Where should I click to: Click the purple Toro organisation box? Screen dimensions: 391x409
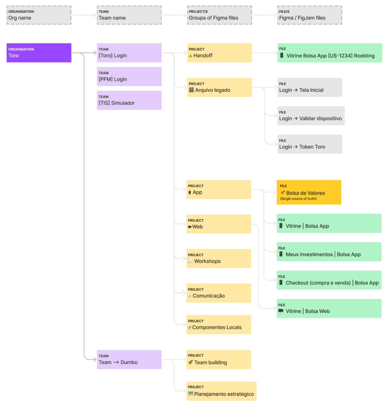click(39, 53)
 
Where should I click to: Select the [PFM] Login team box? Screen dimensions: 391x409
click(129, 76)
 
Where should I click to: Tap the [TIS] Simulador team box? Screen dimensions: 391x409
click(129, 100)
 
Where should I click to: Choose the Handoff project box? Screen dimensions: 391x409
click(219, 53)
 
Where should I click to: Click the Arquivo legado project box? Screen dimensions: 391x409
click(219, 87)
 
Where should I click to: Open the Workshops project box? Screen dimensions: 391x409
click(218, 258)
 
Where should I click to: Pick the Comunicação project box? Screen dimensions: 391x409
click(218, 293)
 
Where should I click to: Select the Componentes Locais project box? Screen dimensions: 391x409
click(218, 324)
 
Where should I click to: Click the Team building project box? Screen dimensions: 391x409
click(218, 359)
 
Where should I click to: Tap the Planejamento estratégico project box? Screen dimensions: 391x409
click(221, 391)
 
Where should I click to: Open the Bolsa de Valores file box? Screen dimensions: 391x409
click(309, 192)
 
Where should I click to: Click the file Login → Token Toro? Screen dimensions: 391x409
click(309, 144)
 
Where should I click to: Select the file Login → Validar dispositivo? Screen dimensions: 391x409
click(311, 116)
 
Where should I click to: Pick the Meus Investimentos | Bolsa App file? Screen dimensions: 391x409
click(329, 252)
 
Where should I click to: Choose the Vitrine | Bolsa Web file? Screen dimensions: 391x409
click(329, 308)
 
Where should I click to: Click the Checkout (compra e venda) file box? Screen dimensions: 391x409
click(329, 280)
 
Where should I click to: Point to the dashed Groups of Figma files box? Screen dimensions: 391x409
click(219, 15)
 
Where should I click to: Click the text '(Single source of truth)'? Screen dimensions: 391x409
click(298, 199)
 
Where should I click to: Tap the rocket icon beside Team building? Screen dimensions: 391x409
click(190, 362)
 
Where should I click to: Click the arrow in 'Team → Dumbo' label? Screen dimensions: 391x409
click(116, 362)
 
